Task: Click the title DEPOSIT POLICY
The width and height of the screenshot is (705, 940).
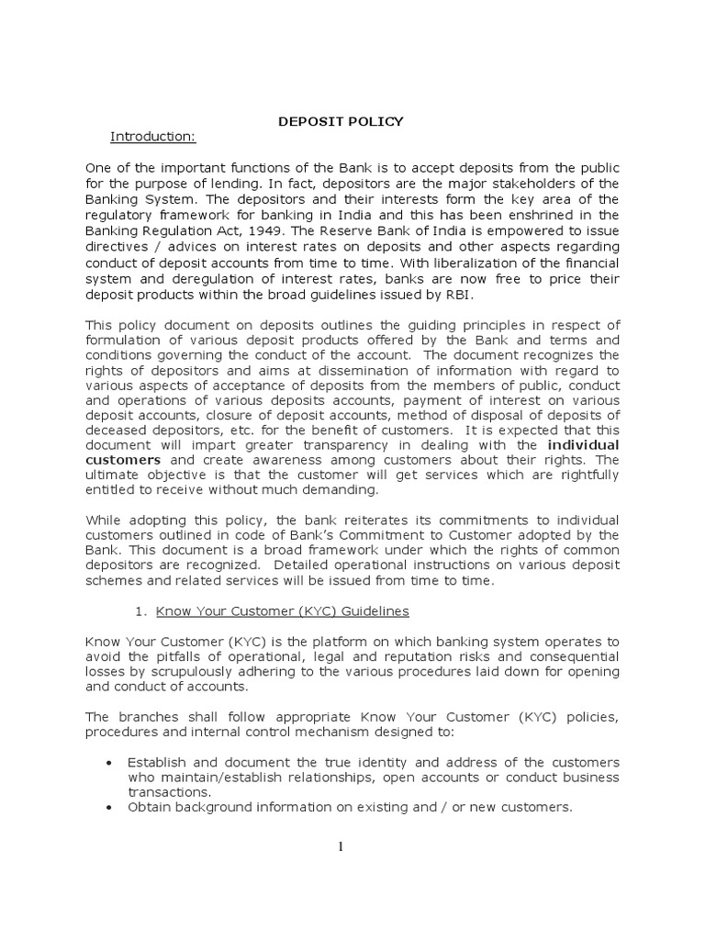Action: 341,121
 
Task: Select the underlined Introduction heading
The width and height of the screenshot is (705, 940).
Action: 153,137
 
